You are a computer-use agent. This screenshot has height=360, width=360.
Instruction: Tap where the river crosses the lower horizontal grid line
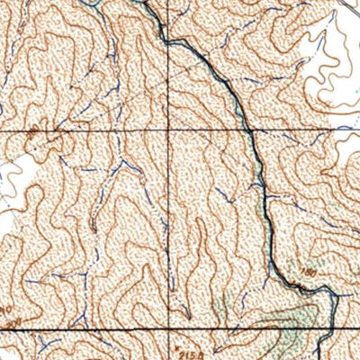333,330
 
